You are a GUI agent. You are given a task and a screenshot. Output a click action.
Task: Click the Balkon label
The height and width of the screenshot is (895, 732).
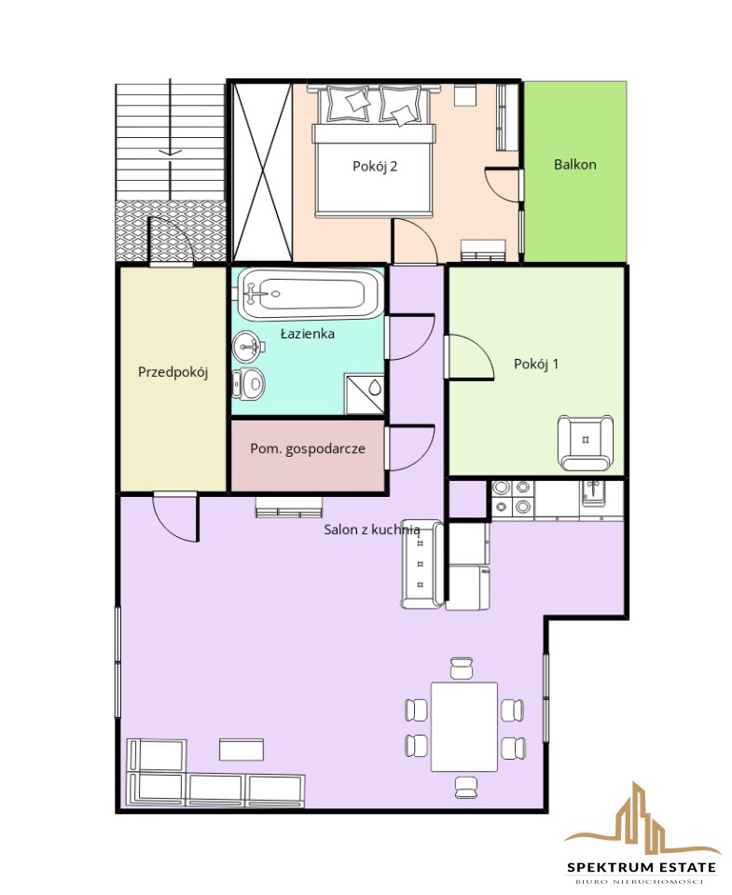575,164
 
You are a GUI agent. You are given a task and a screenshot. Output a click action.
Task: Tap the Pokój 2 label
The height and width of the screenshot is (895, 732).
375,166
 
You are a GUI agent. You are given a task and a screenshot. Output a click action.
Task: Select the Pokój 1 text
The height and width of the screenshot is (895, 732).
536,364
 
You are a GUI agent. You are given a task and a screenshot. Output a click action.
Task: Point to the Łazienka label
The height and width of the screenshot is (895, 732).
307,334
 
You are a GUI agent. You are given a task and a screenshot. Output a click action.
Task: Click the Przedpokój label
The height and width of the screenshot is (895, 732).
173,372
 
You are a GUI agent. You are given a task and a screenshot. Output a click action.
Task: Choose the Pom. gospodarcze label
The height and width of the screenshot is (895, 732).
308,448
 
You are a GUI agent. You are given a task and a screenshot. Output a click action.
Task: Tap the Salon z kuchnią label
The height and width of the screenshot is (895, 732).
372,530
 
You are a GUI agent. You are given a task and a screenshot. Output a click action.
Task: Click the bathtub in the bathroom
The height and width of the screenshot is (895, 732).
310,295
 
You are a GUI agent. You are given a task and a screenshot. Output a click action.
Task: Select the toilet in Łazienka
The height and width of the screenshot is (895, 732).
248,383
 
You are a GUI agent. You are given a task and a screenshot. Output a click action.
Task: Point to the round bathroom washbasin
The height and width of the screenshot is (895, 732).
248,347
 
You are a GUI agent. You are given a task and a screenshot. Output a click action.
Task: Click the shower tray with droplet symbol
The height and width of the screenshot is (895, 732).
365,393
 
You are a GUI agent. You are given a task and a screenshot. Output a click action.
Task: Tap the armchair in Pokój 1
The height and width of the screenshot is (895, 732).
586,442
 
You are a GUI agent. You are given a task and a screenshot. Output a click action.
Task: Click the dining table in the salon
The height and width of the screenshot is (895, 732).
464,726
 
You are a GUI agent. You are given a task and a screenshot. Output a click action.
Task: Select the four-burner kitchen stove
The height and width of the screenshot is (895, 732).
513,498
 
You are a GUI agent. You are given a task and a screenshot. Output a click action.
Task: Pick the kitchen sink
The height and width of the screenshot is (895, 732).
594,492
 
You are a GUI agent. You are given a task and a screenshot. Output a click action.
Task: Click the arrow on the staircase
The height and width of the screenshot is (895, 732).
170,152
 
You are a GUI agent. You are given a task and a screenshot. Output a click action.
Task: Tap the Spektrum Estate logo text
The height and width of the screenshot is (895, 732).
642,867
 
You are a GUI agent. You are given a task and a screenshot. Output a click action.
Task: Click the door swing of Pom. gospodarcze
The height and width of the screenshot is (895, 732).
412,448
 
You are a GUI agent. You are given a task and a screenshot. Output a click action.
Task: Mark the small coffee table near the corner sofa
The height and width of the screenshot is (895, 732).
242,750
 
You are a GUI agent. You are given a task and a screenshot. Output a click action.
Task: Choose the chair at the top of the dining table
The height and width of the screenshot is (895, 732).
462,668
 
